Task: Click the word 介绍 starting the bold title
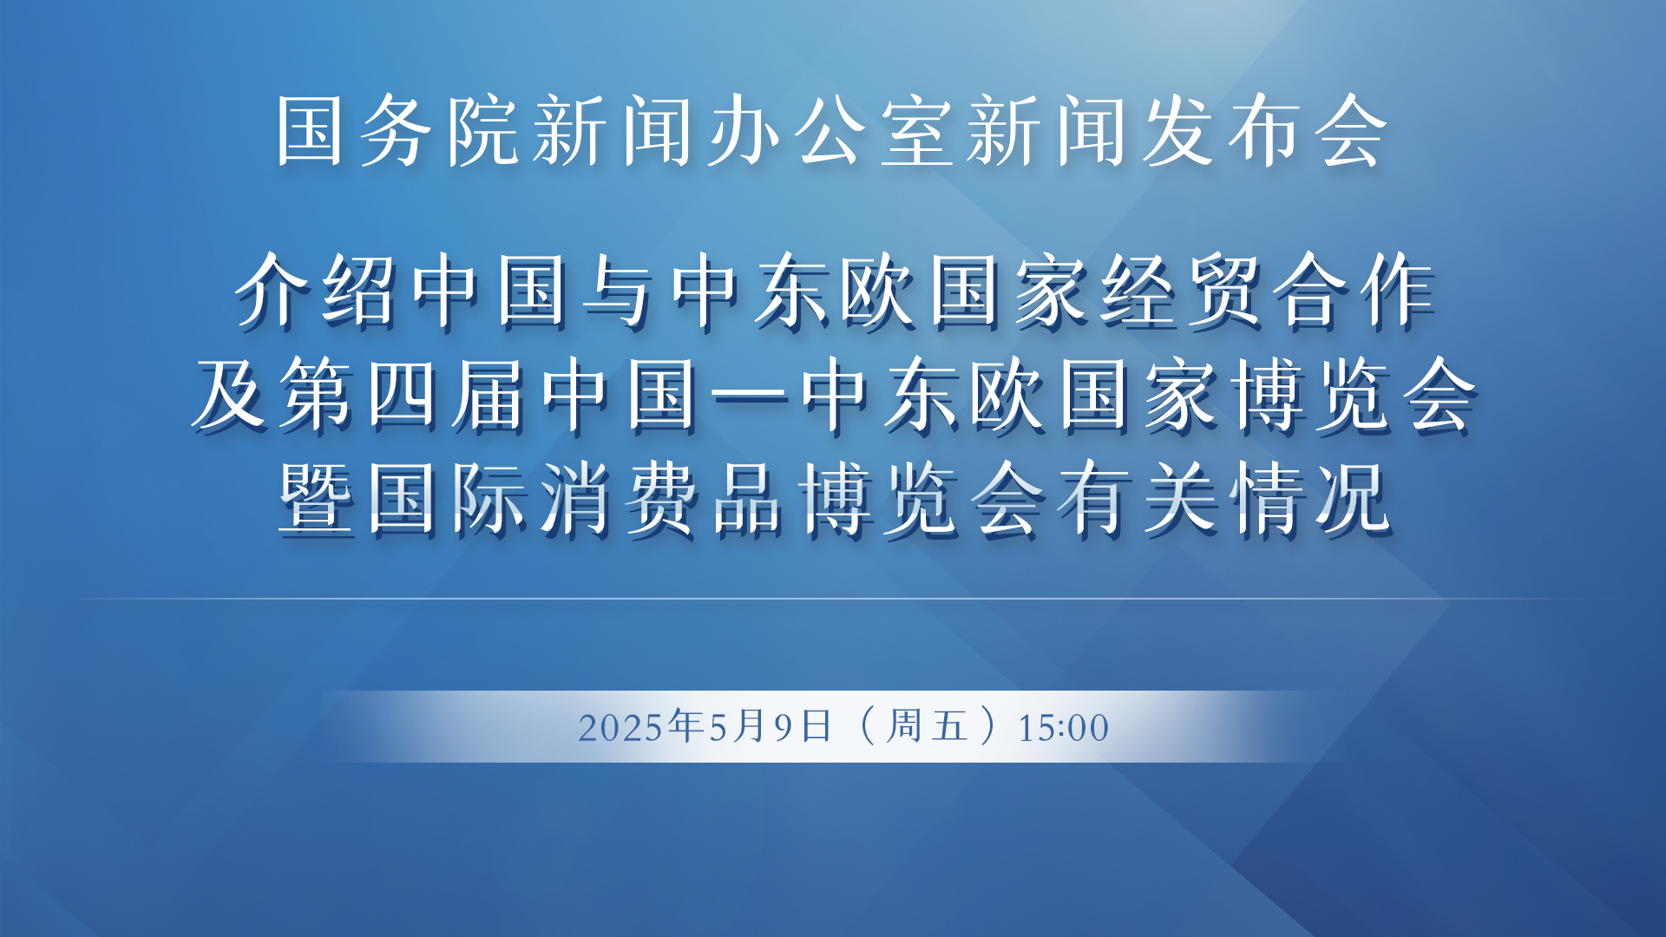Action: (x=316, y=291)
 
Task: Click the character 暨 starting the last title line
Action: (x=316, y=499)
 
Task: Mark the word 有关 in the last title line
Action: (x=1138, y=499)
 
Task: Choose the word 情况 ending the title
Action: (x=1311, y=499)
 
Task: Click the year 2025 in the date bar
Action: (x=621, y=728)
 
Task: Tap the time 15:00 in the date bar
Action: (x=1063, y=728)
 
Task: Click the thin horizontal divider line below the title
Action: (x=833, y=599)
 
